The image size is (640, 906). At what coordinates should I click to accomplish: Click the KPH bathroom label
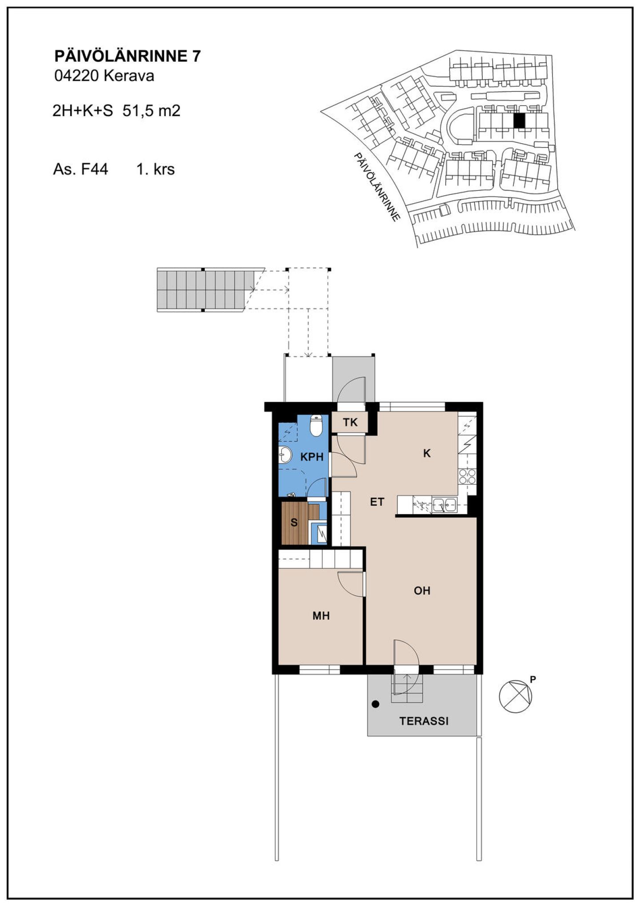coord(312,457)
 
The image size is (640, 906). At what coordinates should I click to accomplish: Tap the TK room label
coord(350,422)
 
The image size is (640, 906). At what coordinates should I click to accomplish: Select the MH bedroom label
coord(321,616)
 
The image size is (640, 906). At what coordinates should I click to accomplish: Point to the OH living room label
coord(422,590)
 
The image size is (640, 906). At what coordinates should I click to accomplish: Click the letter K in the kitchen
coord(427,453)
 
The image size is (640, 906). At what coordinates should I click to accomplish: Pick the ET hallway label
coord(377,502)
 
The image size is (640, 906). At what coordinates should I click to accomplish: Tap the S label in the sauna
coord(294,522)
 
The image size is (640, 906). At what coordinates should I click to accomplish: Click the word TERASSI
coord(424,721)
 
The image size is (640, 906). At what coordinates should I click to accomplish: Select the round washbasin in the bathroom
coord(284,455)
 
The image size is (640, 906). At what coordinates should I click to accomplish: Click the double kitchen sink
coord(444,505)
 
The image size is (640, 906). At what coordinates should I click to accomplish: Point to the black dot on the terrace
coord(376,704)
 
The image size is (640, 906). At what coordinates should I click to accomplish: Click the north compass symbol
coord(516,697)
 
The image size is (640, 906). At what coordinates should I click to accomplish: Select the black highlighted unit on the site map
coord(519,121)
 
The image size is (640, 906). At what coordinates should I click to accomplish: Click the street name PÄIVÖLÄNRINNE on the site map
coord(377,187)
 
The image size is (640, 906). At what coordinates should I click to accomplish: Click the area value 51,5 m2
coord(152,111)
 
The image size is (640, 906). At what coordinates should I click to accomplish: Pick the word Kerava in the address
coord(129,76)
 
